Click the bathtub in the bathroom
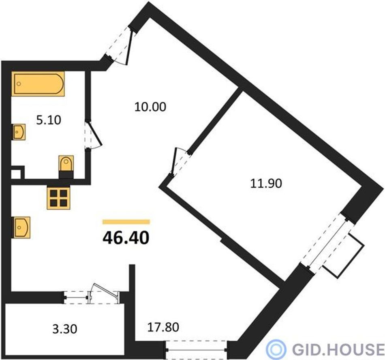click(x=38, y=84)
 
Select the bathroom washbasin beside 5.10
click(x=19, y=132)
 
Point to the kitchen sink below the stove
click(x=21, y=227)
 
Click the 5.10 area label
click(x=49, y=120)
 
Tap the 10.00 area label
click(x=150, y=107)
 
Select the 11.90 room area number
click(x=266, y=183)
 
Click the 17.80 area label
click(x=163, y=327)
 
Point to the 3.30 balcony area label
click(x=65, y=329)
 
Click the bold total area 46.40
click(x=126, y=238)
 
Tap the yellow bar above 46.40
click(x=126, y=222)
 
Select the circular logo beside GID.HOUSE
click(x=276, y=349)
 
